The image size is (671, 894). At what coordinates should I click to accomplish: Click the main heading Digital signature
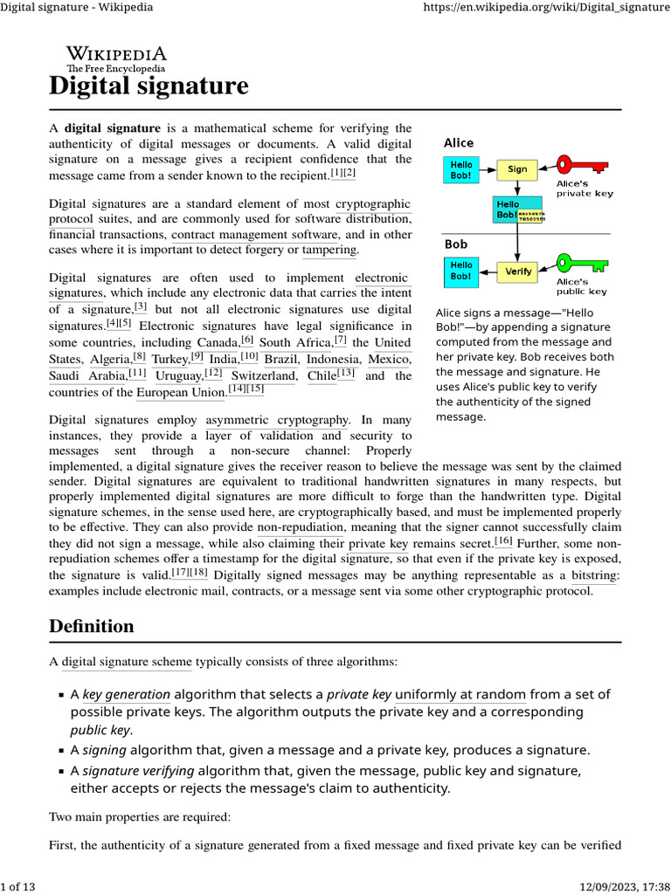click(x=149, y=86)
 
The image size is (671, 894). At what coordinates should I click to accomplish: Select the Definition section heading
click(x=92, y=626)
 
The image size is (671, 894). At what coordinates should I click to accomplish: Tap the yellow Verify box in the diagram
click(x=517, y=272)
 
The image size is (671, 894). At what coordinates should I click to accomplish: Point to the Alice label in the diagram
click(x=459, y=142)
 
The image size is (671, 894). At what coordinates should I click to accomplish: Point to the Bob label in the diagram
click(x=456, y=244)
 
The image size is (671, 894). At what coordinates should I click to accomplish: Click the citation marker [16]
click(x=503, y=540)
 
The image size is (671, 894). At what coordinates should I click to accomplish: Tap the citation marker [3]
click(x=140, y=306)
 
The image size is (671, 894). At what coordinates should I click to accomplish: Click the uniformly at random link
click(x=460, y=695)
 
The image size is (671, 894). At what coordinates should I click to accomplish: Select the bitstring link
click(x=594, y=575)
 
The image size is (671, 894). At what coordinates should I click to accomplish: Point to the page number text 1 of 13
click(x=18, y=887)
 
